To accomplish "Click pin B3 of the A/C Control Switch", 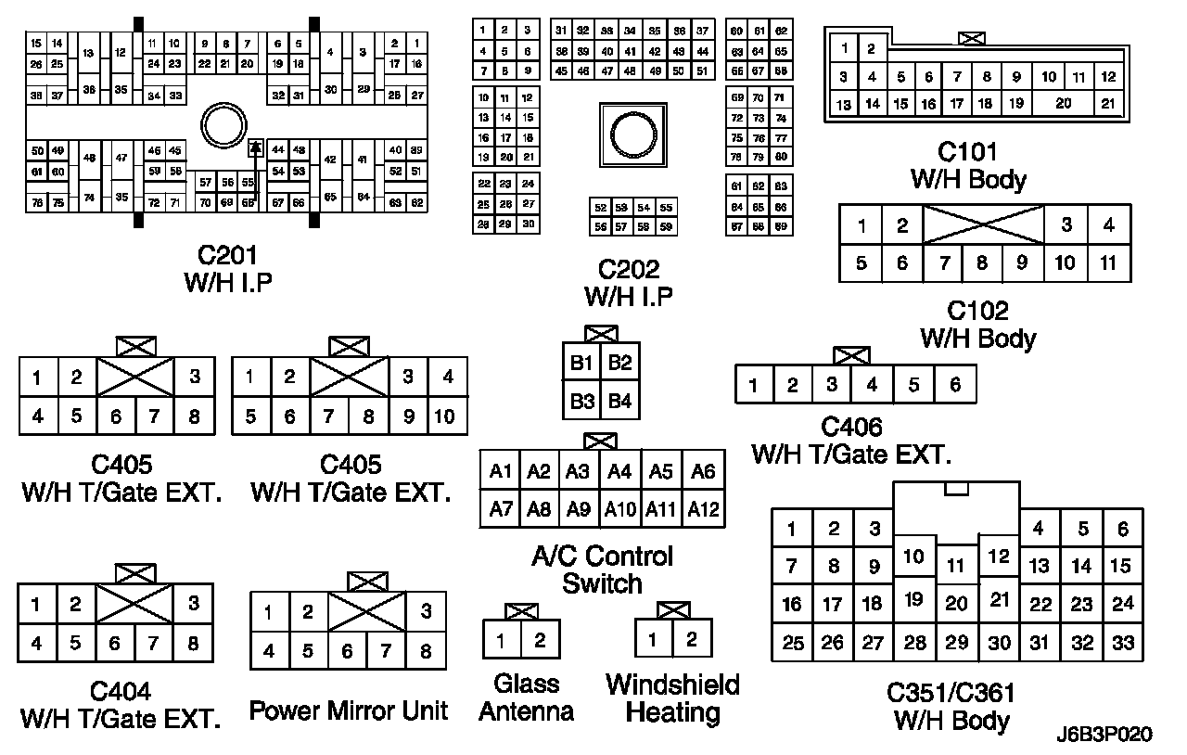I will pyautogui.click(x=581, y=402).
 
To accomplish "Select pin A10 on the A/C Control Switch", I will pyautogui.click(x=619, y=508).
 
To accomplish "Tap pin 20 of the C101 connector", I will pyautogui.click(x=1063, y=104).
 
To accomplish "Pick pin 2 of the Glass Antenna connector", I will pyautogui.click(x=541, y=640).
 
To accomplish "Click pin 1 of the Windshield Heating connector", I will pyautogui.click(x=654, y=639).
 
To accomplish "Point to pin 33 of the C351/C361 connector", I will pyautogui.click(x=1122, y=642).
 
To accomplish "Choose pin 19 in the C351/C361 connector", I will pyautogui.click(x=914, y=599).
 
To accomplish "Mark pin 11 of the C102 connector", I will pyautogui.click(x=1108, y=262).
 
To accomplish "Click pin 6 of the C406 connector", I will pyautogui.click(x=955, y=384).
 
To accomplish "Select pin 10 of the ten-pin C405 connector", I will pyautogui.click(x=445, y=416).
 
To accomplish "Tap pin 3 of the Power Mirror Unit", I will pyautogui.click(x=426, y=611).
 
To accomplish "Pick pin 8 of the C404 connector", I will pyautogui.click(x=193, y=643).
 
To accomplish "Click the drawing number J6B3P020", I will pyautogui.click(x=1104, y=735).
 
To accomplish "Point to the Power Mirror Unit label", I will pyautogui.click(x=349, y=711).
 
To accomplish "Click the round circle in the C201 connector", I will pyautogui.click(x=223, y=123).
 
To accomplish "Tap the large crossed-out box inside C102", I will pyautogui.click(x=984, y=224).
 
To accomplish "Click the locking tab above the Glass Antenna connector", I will pyautogui.click(x=521, y=611).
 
